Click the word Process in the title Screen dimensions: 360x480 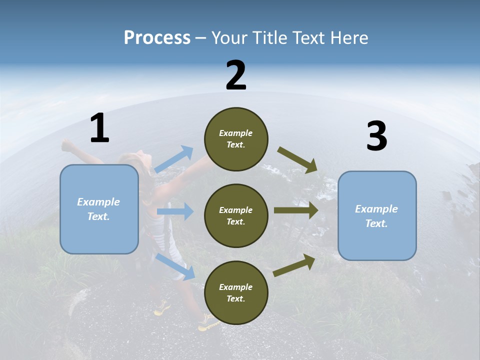point(157,37)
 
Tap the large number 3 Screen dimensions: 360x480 point(376,136)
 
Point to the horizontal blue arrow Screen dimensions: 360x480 point(175,211)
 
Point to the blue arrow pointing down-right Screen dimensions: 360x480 point(175,266)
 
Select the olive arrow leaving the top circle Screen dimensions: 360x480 point(297,160)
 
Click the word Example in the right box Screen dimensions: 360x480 point(376,209)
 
